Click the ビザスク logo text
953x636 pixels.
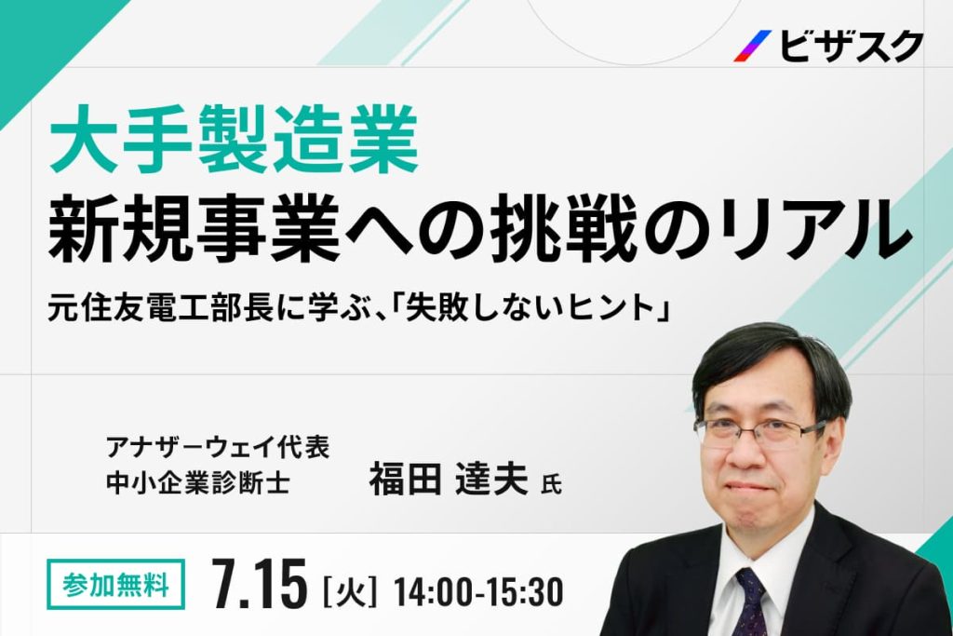pos(851,47)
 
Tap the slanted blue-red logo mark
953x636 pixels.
pos(752,47)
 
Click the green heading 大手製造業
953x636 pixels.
pos(234,141)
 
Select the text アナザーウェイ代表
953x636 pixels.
pos(218,448)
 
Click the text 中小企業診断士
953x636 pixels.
pos(197,482)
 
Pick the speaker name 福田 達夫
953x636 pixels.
pos(449,478)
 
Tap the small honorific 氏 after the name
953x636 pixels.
pos(551,484)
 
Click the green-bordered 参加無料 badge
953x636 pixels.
pos(115,584)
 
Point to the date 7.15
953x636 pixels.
pos(261,585)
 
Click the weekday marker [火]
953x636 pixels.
pos(351,589)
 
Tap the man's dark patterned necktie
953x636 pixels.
pos(751,602)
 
